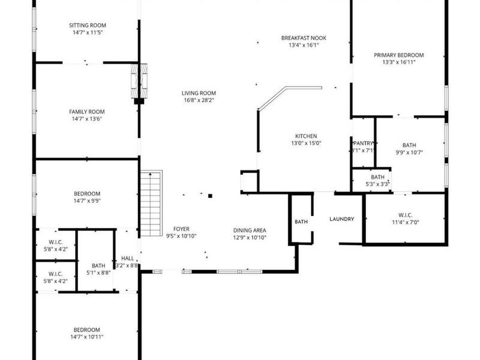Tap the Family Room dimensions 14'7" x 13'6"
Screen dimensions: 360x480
tap(87, 119)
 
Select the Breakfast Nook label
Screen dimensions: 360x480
tap(304, 38)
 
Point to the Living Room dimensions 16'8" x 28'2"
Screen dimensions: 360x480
tap(199, 101)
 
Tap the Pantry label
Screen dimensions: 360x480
tap(364, 143)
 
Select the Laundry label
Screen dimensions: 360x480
tap(341, 219)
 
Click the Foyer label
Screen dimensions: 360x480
tap(181, 229)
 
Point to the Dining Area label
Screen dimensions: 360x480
tap(250, 230)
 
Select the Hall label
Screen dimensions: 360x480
tap(128, 258)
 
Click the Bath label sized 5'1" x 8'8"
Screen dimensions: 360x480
tap(98, 266)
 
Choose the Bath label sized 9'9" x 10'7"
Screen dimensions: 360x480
tap(409, 145)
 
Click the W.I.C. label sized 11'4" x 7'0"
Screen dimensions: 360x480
tap(405, 215)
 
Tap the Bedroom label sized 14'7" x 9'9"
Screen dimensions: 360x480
tap(87, 194)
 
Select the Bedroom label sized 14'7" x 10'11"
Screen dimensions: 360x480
tap(87, 330)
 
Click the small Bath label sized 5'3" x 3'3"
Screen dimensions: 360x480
tap(377, 177)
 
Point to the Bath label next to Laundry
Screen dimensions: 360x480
tap(301, 222)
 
